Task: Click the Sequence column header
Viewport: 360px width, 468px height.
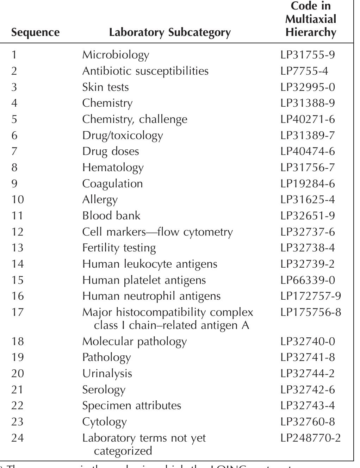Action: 35,32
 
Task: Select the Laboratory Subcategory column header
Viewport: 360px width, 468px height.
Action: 170,32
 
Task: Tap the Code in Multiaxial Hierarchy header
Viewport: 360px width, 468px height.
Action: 310,19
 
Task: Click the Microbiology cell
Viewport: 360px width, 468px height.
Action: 116,55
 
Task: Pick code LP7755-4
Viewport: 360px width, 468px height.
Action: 304,71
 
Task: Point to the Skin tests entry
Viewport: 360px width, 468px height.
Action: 105,87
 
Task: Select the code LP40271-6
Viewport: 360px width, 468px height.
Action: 308,119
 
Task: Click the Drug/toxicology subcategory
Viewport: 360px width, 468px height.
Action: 123,136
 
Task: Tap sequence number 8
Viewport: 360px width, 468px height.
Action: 14,167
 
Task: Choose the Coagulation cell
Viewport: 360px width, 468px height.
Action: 112,184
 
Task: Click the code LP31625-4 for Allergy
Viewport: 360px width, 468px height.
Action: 308,200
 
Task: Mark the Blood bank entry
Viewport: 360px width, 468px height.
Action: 111,216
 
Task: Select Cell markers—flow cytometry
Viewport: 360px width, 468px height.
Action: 157,232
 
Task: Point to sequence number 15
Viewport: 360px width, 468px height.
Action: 17,280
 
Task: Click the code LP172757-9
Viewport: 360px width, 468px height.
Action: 311,296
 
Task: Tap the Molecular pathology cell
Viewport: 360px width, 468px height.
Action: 134,341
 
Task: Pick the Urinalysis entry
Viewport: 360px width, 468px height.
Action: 107,373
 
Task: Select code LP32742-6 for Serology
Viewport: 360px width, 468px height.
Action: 308,389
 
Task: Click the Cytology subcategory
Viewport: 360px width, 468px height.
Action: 104,422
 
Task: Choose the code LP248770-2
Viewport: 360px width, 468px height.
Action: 311,438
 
